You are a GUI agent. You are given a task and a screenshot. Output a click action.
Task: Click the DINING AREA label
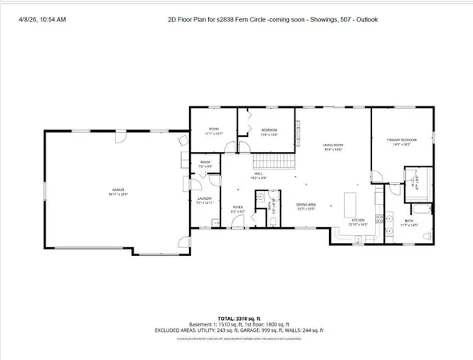[x=307, y=206]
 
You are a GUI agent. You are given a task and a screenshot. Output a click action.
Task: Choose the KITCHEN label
[x=357, y=222]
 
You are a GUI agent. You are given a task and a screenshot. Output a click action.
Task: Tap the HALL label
[x=259, y=174]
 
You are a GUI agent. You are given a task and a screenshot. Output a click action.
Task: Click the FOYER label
[x=238, y=209]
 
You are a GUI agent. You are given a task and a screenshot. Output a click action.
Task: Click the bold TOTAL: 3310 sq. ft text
[x=236, y=318]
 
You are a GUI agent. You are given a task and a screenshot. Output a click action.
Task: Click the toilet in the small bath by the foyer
[x=272, y=220]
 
